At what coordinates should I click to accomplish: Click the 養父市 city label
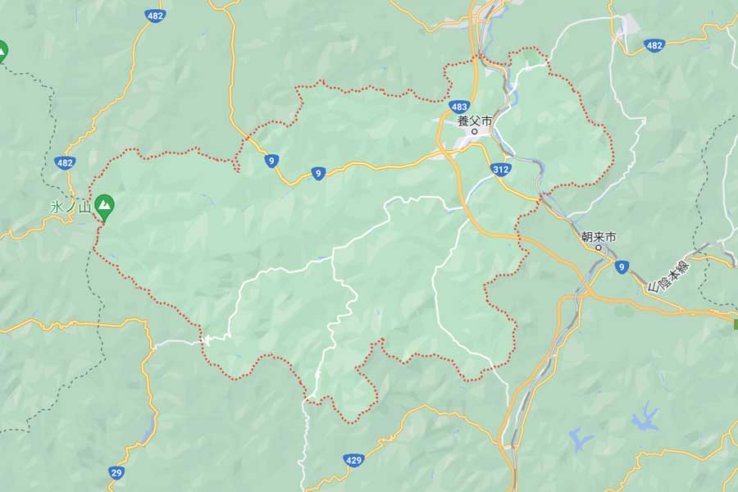click(x=475, y=121)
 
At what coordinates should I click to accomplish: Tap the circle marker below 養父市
click(x=475, y=131)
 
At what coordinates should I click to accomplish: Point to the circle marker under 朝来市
click(x=599, y=247)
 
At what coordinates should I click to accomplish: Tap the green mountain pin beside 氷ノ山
click(x=104, y=206)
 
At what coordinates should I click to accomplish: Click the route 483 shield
click(x=459, y=107)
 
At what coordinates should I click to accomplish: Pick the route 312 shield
click(x=502, y=169)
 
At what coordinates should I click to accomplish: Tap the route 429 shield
click(x=353, y=461)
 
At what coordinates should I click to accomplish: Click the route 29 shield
click(x=117, y=472)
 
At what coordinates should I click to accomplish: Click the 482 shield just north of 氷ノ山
click(x=66, y=163)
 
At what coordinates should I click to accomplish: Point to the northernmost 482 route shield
click(x=154, y=16)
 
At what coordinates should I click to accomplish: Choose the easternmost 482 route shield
click(x=654, y=45)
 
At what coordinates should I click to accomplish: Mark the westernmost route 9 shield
click(x=270, y=162)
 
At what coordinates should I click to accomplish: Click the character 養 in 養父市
click(x=463, y=121)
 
